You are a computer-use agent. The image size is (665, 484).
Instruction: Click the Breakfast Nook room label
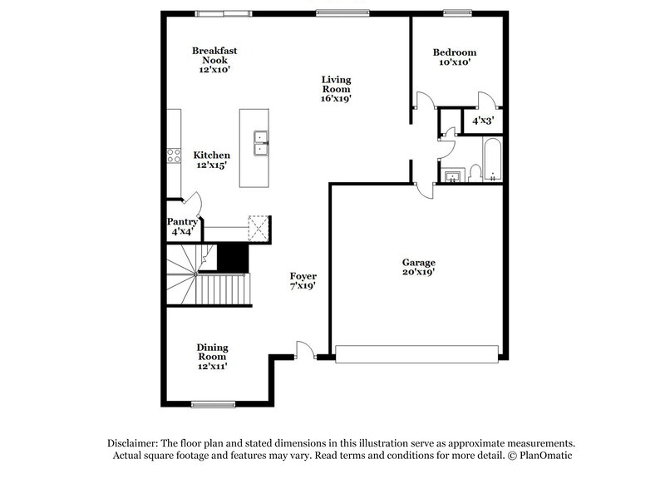tap(214, 61)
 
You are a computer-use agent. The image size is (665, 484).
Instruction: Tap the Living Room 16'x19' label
tap(337, 89)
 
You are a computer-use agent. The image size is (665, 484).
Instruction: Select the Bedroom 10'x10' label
tap(455, 56)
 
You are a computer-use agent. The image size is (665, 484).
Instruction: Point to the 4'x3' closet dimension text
tap(483, 121)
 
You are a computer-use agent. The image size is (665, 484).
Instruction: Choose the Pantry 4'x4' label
tap(182, 226)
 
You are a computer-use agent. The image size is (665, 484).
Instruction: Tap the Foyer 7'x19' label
tap(303, 280)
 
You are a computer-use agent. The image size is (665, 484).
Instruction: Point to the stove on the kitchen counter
tap(175, 156)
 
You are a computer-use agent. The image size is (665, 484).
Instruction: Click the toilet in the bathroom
tap(474, 172)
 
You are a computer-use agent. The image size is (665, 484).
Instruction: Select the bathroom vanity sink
tap(453, 175)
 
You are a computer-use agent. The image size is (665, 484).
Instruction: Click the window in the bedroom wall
tap(456, 12)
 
